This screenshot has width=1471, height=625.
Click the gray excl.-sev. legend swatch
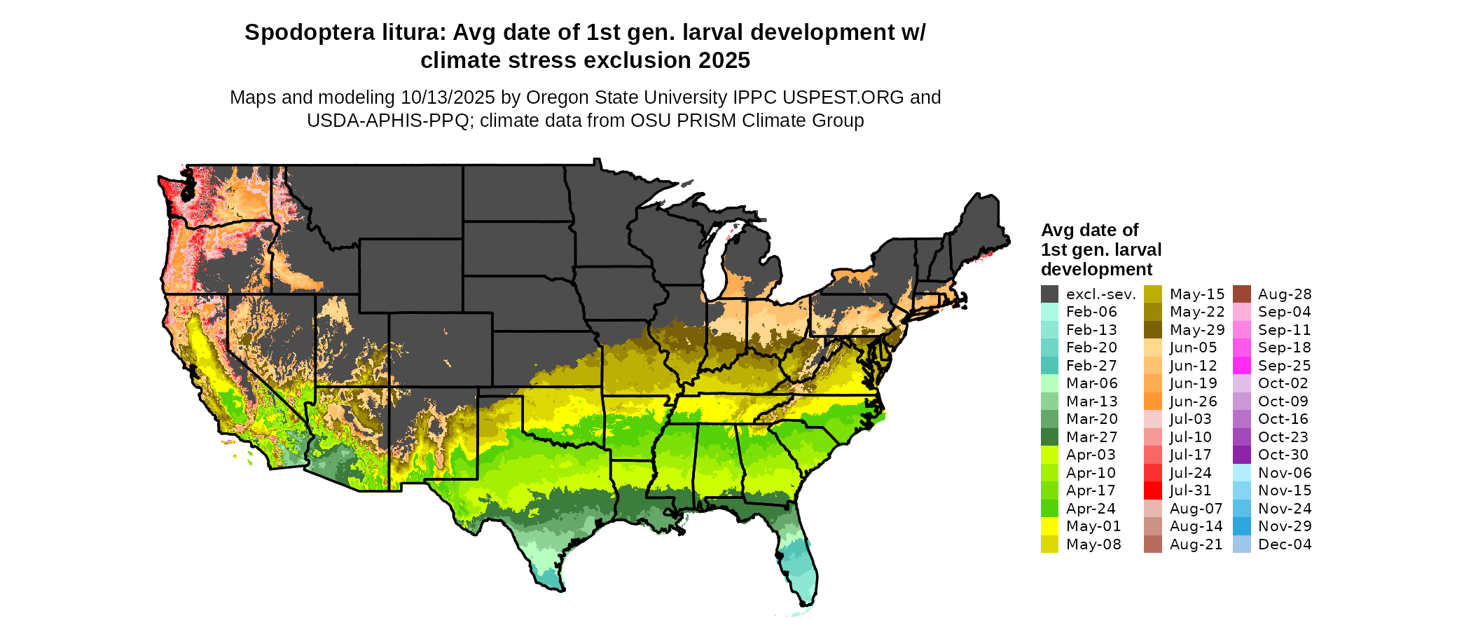[x=1049, y=294]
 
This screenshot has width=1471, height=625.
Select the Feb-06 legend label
[x=1091, y=312]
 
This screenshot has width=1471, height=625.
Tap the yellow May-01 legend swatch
[x=1049, y=526]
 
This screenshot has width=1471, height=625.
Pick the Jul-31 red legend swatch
[x=1153, y=490]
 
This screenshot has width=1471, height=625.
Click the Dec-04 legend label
[x=1285, y=544]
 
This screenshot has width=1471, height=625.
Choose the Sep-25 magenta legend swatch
[x=1241, y=366]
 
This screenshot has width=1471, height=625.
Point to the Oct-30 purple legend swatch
[x=1241, y=455]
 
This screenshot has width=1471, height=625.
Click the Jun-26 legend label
[x=1193, y=401]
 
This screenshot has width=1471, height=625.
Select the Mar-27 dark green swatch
[x=1049, y=437]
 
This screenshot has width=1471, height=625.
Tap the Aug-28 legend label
[x=1285, y=294]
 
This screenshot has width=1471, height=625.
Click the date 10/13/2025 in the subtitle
[x=448, y=97]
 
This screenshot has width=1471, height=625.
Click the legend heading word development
[x=1096, y=270]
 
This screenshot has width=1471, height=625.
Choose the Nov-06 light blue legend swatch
[x=1241, y=473]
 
